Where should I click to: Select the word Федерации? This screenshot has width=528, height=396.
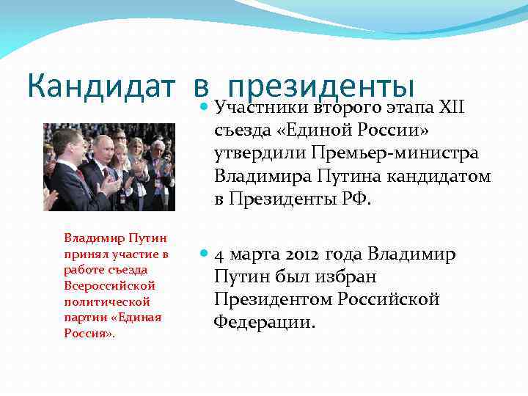click(x=264, y=322)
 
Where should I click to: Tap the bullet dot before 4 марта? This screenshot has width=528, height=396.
click(x=203, y=255)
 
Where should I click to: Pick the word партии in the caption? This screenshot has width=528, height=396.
click(x=83, y=317)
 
